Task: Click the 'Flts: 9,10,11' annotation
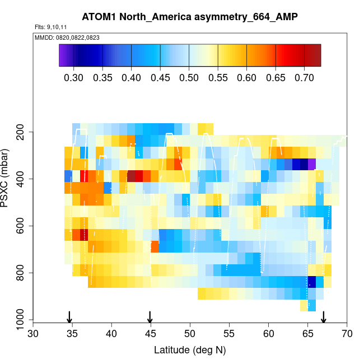[48, 27]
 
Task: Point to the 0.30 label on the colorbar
[73, 77]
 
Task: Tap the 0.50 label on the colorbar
[189, 77]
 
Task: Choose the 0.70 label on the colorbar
[304, 77]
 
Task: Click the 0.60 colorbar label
[246, 77]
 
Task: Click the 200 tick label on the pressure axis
[24, 132]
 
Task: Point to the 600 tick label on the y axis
[24, 226]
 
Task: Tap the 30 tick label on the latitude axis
[33, 334]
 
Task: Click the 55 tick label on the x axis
[230, 334]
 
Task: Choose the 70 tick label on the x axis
[347, 334]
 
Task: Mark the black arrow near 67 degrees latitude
[324, 317]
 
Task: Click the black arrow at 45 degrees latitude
[150, 317]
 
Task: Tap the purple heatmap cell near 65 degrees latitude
[312, 164]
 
